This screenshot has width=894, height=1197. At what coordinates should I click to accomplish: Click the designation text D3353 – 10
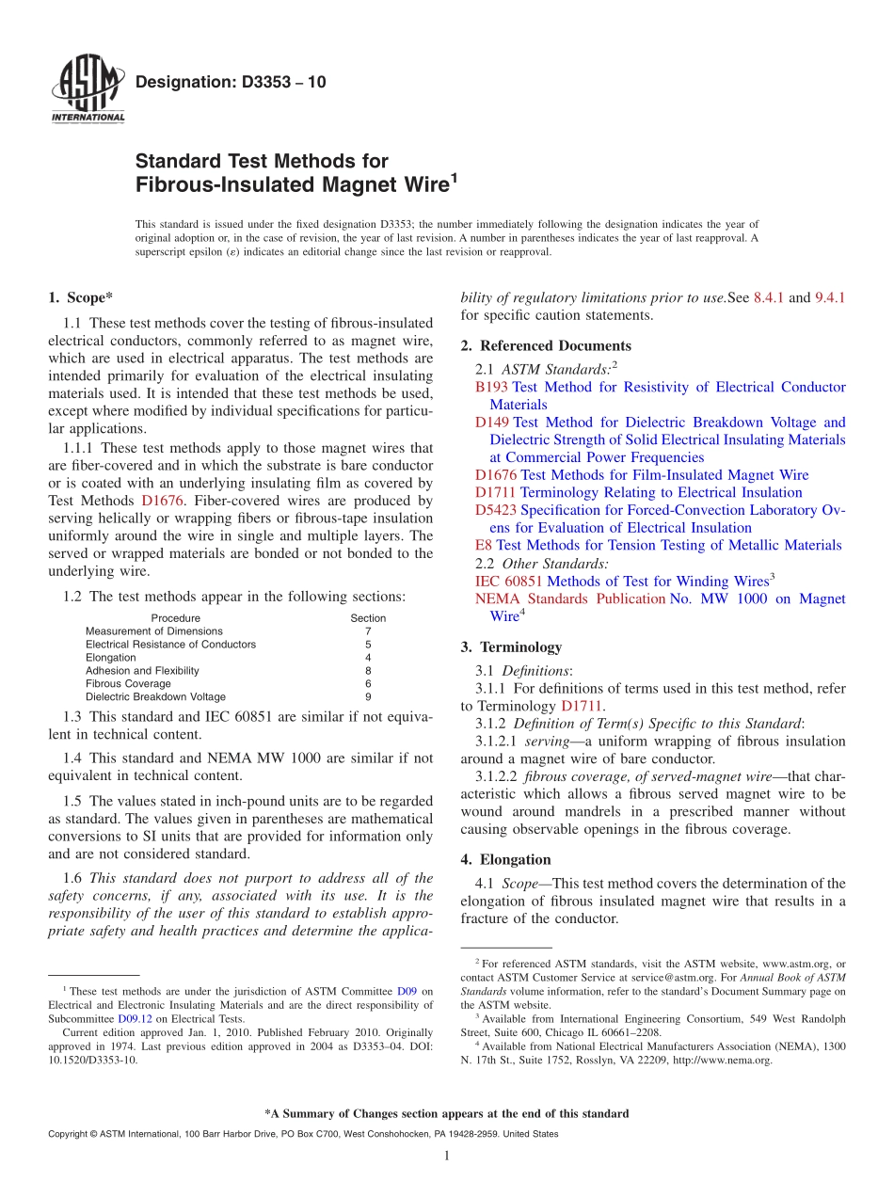[x=231, y=83]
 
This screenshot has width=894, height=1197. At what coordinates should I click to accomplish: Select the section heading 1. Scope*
[x=80, y=298]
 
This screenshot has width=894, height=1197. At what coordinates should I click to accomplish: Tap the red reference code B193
[x=491, y=387]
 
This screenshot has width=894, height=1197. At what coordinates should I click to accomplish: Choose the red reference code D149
[x=492, y=423]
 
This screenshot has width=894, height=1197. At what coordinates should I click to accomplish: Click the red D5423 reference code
[x=496, y=510]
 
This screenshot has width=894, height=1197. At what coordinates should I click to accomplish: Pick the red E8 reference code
[x=484, y=545]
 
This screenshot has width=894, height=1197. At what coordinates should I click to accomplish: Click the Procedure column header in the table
[x=175, y=618]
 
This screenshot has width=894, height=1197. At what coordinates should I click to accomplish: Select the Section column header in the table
[x=368, y=618]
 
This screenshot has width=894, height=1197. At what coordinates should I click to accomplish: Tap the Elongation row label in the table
[x=110, y=658]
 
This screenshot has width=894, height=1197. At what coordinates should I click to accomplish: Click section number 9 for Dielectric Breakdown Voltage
[x=368, y=697]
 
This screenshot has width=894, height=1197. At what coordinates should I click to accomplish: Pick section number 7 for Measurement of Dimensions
[x=368, y=631]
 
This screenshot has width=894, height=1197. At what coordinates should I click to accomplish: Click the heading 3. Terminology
[x=511, y=647]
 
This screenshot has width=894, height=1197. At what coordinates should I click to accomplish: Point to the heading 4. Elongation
[x=505, y=859]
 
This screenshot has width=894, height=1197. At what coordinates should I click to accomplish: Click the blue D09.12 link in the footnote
[x=132, y=1018]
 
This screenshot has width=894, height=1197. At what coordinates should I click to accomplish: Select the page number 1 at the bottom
[x=447, y=1157]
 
